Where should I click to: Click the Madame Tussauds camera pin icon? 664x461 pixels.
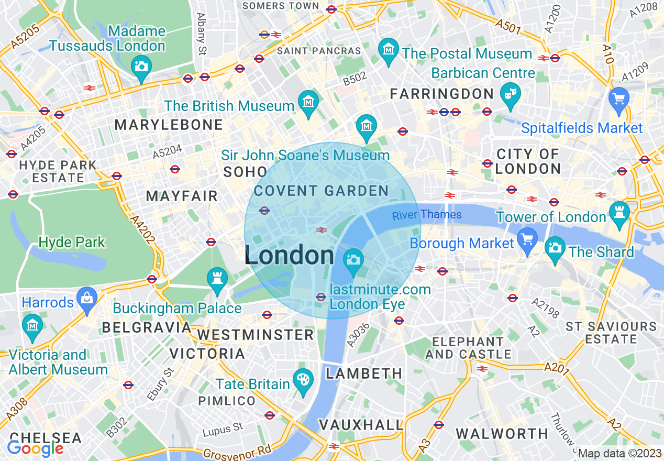pos(141,67)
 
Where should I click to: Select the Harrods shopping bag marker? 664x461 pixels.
pos(87,299)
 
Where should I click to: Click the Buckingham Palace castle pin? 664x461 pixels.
pos(217,278)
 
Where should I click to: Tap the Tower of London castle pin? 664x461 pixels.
pos(619,213)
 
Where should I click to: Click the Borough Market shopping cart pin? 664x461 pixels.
pos(527,239)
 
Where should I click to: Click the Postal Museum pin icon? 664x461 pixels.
pos(389,50)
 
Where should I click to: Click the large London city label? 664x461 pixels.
pos(289,256)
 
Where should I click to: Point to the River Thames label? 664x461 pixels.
pos(427,215)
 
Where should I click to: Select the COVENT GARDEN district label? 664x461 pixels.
pos(321,191)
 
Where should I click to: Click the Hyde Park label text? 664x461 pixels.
pos(72,243)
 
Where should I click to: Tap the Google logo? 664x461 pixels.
pos(35,448)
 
